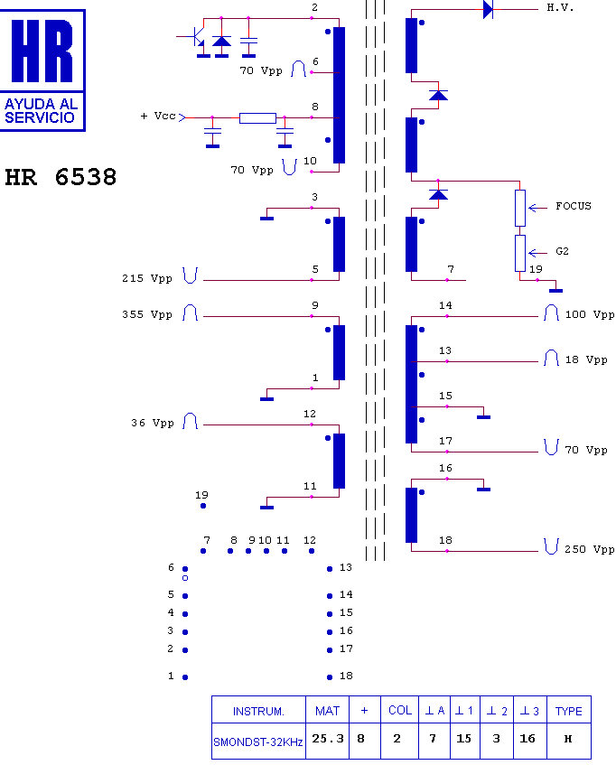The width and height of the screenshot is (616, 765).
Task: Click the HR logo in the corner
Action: click(x=42, y=70)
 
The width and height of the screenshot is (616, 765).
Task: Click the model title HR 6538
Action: click(x=61, y=177)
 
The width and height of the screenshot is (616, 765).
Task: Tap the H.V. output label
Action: click(x=560, y=8)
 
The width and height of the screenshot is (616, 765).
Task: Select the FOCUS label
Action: click(x=573, y=206)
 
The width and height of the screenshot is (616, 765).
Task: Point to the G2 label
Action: click(x=562, y=251)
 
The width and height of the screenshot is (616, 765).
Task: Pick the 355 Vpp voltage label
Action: click(x=147, y=314)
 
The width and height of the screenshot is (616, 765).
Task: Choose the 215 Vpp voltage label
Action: click(x=147, y=278)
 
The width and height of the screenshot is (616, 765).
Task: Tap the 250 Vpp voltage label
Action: click(x=589, y=549)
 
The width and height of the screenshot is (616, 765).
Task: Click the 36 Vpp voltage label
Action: click(x=152, y=423)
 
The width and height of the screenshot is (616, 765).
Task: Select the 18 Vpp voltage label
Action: click(x=586, y=360)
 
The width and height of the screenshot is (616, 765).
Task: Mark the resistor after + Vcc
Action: click(x=257, y=118)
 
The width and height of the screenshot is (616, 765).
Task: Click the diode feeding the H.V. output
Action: click(x=488, y=9)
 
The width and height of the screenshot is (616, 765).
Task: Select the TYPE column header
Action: click(x=569, y=711)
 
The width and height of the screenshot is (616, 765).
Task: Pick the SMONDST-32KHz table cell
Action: click(x=258, y=742)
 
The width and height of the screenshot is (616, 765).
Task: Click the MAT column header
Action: click(x=327, y=711)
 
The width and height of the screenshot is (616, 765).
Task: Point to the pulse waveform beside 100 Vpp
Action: click(x=551, y=313)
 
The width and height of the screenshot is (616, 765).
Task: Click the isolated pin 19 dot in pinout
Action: click(x=203, y=506)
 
